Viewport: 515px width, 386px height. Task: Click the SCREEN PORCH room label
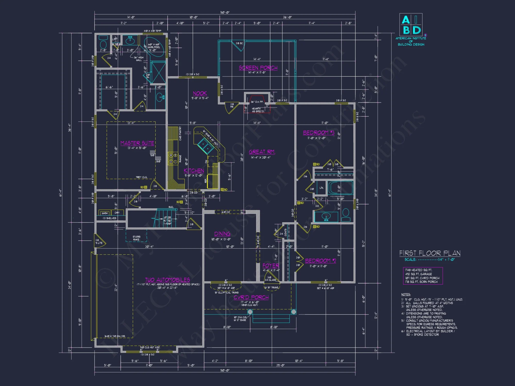click(258, 68)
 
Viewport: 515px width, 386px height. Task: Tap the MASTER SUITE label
click(137, 143)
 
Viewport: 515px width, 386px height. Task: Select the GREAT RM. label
click(262, 152)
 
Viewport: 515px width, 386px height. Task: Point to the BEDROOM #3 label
click(319, 133)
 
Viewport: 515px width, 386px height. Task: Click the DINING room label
click(222, 234)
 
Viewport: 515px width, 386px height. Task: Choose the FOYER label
click(271, 266)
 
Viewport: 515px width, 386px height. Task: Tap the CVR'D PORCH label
click(251, 297)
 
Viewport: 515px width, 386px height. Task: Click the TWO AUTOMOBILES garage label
click(167, 280)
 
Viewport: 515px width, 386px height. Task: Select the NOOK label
click(200, 93)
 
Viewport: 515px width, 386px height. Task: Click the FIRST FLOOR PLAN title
click(430, 253)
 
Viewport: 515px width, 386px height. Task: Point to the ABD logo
click(411, 25)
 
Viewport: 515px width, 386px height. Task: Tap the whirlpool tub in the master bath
click(154, 47)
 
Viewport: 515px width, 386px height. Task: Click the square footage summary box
click(423, 276)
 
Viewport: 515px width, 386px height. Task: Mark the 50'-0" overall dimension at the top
click(225, 12)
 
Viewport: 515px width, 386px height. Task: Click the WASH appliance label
click(105, 213)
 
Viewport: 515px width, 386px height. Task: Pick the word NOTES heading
click(406, 294)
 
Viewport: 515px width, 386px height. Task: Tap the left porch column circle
click(250, 312)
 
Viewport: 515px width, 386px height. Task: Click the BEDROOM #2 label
click(320, 261)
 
